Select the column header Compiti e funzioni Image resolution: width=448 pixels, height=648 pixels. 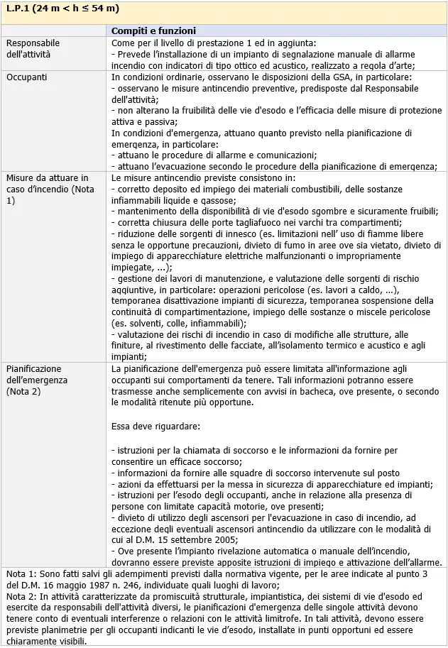click(x=153, y=31)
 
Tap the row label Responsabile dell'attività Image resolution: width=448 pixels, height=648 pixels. click(x=33, y=48)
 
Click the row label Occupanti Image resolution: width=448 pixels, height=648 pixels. click(x=28, y=76)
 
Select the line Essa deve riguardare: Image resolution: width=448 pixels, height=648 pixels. click(x=155, y=427)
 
